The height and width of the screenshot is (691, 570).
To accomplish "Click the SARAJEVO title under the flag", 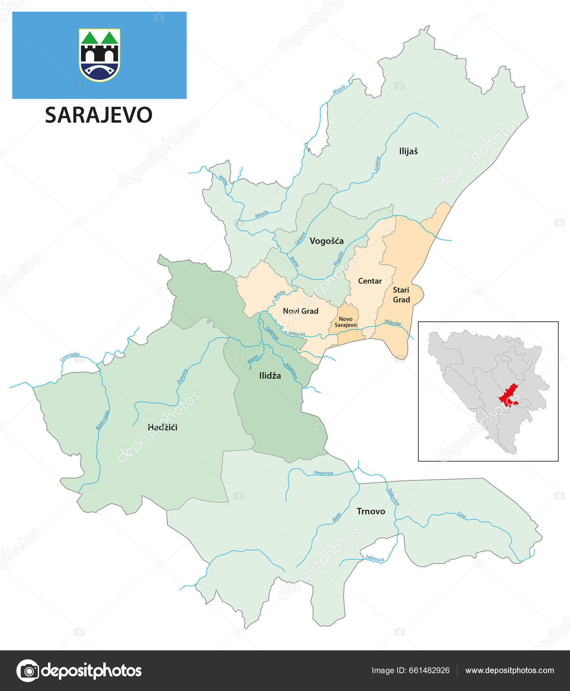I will tap(98, 115).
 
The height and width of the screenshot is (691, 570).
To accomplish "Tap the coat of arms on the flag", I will tap(100, 55).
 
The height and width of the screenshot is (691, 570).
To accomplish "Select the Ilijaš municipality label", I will tap(408, 151).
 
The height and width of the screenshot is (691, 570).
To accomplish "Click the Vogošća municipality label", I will tap(326, 241).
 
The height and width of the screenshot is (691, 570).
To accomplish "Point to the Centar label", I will tap(370, 281).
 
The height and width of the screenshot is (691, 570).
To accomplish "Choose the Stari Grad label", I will tap(401, 295).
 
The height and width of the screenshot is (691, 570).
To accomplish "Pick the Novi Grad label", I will tap(300, 311).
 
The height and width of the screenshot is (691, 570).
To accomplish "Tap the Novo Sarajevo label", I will tap(346, 322).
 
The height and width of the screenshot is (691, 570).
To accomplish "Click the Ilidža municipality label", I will tap(270, 376).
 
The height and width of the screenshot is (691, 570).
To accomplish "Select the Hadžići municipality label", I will tap(162, 427).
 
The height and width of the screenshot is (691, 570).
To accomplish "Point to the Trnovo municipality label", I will tap(371, 511).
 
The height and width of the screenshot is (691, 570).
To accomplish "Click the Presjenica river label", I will tap(323, 473).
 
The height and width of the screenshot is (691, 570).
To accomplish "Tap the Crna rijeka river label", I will tap(70, 357).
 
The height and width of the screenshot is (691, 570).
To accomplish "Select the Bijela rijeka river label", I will tap(103, 420).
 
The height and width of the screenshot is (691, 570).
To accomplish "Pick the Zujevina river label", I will tap(182, 377).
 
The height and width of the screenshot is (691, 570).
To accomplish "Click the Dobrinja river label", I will tap(272, 334).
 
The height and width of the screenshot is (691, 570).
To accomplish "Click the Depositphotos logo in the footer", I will tap(79, 670).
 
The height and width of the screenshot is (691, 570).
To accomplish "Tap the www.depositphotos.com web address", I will tap(509, 670).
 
